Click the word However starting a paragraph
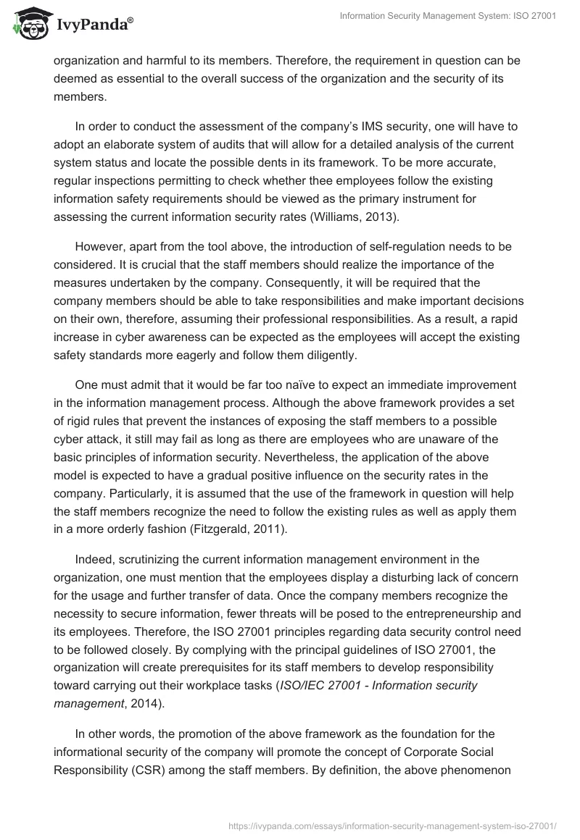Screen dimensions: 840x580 100,246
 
